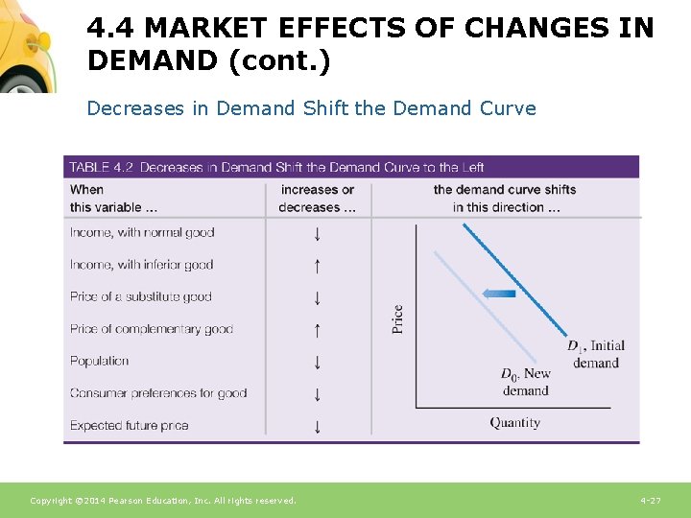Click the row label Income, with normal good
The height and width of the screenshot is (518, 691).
[142, 232]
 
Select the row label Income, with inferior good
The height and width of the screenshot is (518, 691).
[142, 265]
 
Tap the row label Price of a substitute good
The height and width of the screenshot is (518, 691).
[141, 296]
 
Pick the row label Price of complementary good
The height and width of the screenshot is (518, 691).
[152, 329]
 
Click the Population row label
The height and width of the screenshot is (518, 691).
[100, 361]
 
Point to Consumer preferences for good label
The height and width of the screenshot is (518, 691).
[158, 393]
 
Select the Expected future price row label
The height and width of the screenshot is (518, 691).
[130, 425]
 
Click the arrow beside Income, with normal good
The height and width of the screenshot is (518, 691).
[317, 233]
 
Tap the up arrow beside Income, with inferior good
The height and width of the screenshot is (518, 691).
[317, 266]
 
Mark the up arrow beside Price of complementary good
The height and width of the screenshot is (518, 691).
[317, 330]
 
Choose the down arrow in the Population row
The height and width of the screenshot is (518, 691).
[317, 363]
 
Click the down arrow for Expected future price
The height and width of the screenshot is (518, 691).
[317, 426]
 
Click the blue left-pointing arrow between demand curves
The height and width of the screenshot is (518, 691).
[498, 294]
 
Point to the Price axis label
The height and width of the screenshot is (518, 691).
[397, 318]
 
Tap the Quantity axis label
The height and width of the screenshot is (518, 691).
[515, 423]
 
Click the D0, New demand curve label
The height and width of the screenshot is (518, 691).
[526, 382]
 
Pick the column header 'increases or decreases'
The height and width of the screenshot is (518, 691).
[317, 199]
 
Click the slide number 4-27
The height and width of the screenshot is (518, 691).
[650, 501]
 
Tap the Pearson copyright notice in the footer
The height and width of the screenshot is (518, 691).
[163, 501]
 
